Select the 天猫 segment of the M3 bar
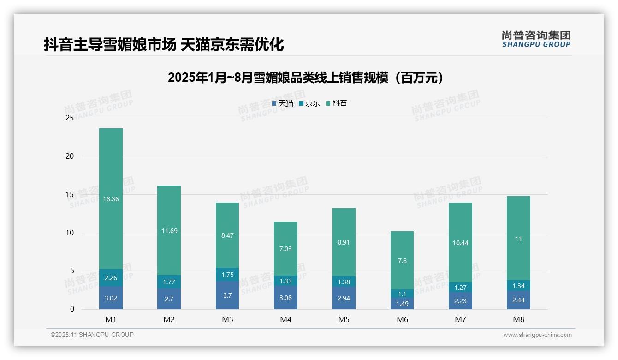tap(227, 295)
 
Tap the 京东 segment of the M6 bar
tap(402, 294)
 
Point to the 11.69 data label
tap(169, 231)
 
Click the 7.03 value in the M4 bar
tap(285, 249)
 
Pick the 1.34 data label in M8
tap(518, 286)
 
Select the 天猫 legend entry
tap(283, 103)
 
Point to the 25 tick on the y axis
tap(70, 118)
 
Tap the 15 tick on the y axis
tap(70, 195)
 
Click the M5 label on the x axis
tap(344, 319)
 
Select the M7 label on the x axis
tap(460, 319)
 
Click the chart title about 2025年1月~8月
tap(306, 78)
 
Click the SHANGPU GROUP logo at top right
tap(536, 39)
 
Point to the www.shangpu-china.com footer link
tap(537, 335)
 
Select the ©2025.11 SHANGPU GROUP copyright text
tap(92, 335)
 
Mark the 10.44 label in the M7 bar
tap(460, 243)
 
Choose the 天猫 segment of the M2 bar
tap(169, 299)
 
